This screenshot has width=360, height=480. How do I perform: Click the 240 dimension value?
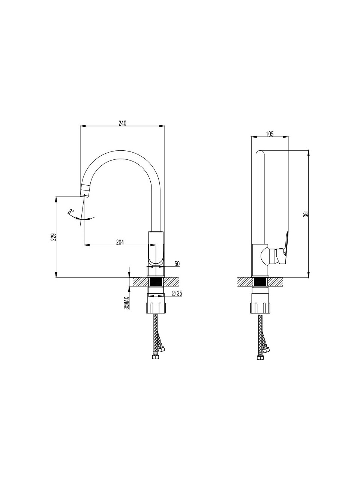click(122, 123)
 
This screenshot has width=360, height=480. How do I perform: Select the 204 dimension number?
click(120, 242)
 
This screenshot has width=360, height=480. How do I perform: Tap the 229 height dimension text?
click(54, 237)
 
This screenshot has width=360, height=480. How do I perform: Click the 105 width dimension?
click(270, 134)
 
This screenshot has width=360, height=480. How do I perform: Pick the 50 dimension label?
click(177, 264)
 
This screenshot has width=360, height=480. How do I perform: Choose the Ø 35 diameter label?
click(177, 294)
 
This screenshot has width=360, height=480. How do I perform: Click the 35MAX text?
click(127, 303)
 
